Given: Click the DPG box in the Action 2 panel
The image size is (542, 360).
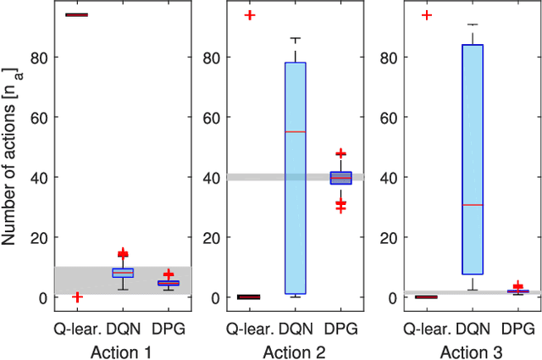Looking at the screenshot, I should coord(340,178).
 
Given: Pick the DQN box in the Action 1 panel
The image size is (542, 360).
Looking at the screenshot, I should coord(123,273).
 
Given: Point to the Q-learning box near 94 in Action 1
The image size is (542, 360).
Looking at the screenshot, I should coord(77,14).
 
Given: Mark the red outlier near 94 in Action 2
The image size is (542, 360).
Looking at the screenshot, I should coord(250,15).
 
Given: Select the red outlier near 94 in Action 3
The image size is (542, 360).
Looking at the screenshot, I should coord(427,15).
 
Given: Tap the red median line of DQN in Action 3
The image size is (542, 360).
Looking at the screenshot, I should coord(472,205).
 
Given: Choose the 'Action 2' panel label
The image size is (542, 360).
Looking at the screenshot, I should coord(295,349).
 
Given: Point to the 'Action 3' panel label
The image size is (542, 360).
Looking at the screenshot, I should coord(472,349).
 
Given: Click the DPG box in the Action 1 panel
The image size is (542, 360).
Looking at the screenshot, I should coord(169,283).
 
